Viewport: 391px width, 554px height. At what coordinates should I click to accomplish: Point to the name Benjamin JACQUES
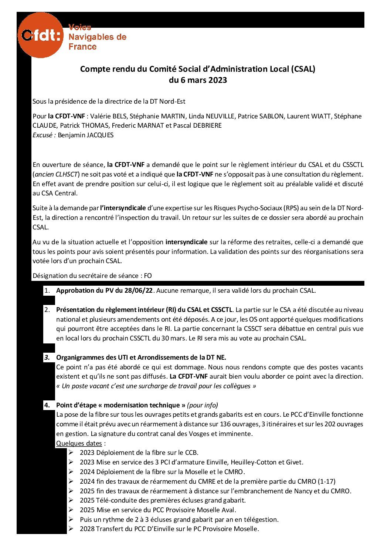coord(86,135)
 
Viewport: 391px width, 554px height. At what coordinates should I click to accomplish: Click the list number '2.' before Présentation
coord(47,310)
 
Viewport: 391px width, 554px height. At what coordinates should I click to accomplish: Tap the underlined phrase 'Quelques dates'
coord(79,443)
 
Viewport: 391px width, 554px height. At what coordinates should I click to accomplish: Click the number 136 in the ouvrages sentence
coord(225,424)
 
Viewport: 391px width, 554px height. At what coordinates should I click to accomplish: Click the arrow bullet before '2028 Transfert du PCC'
coord(71,529)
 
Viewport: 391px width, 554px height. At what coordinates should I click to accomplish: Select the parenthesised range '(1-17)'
coord(326,481)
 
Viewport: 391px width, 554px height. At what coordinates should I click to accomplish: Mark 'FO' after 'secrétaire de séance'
coord(148,276)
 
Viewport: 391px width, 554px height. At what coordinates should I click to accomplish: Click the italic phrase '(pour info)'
coord(203,405)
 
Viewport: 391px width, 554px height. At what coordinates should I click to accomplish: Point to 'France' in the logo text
coord(82,47)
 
